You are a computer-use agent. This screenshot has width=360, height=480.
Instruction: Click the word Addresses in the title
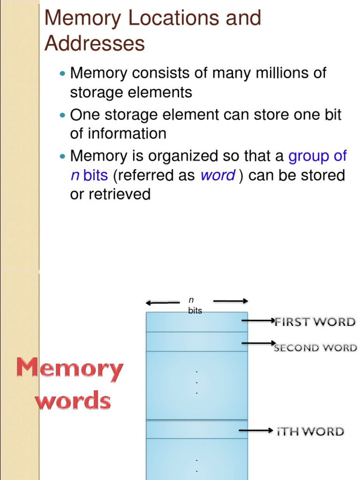95,44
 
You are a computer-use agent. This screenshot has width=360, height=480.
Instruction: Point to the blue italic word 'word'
217,176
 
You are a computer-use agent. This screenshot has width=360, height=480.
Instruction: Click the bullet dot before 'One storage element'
64,115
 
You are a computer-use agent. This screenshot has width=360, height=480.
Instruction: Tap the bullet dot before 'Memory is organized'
64,156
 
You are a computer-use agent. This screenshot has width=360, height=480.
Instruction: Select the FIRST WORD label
315,322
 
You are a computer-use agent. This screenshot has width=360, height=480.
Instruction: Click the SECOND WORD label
315,348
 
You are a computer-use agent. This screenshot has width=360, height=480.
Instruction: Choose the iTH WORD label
310,432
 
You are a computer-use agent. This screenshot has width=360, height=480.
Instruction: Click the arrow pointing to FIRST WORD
258,321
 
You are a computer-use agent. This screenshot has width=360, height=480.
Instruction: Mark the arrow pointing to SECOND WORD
258,344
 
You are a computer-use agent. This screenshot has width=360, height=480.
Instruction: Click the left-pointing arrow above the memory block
163,302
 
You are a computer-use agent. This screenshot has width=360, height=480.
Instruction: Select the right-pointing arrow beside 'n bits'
230,301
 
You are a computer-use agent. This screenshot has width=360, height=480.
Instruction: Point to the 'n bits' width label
194,305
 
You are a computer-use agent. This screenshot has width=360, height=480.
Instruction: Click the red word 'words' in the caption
74,401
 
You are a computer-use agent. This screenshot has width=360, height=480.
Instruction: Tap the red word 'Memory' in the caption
70,368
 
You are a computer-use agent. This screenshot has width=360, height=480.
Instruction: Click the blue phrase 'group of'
317,156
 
